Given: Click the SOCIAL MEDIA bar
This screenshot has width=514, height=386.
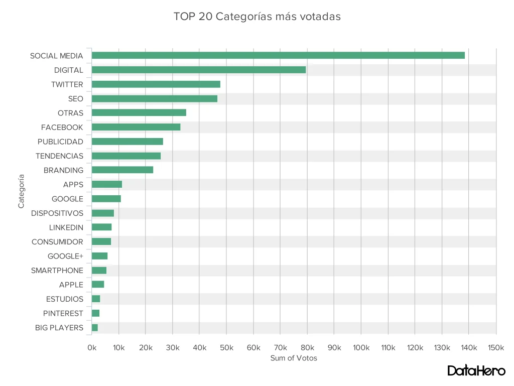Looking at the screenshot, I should [278, 55].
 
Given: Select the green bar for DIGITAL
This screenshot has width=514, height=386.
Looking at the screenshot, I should [199, 70].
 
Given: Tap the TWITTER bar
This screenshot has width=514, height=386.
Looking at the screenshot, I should [156, 84].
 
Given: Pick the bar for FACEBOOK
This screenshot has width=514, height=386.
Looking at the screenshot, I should [136, 127].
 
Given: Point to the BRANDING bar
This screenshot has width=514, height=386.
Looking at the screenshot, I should [122, 170].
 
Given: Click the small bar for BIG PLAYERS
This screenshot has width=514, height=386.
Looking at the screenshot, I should [95, 328].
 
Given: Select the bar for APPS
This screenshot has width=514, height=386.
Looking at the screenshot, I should [107, 184].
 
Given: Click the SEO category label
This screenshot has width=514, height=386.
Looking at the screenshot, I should [76, 99].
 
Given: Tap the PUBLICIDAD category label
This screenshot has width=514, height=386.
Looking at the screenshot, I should [60, 142].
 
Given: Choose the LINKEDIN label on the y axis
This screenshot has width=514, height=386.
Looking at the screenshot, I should [66, 227].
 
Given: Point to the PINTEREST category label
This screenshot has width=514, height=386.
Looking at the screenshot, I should [63, 313].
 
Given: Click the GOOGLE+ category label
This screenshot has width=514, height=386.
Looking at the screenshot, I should [65, 256].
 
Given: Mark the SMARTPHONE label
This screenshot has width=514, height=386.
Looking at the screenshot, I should [57, 271].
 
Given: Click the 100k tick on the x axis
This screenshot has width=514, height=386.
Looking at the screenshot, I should [361, 347].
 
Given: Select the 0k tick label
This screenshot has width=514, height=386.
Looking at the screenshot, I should [92, 347].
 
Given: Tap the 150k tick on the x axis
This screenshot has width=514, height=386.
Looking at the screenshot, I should [496, 347].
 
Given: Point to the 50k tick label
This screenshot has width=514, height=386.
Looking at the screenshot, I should [226, 347].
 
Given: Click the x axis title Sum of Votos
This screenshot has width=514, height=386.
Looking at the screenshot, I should [294, 358].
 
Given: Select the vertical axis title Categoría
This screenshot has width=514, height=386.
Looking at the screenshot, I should [21, 191].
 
